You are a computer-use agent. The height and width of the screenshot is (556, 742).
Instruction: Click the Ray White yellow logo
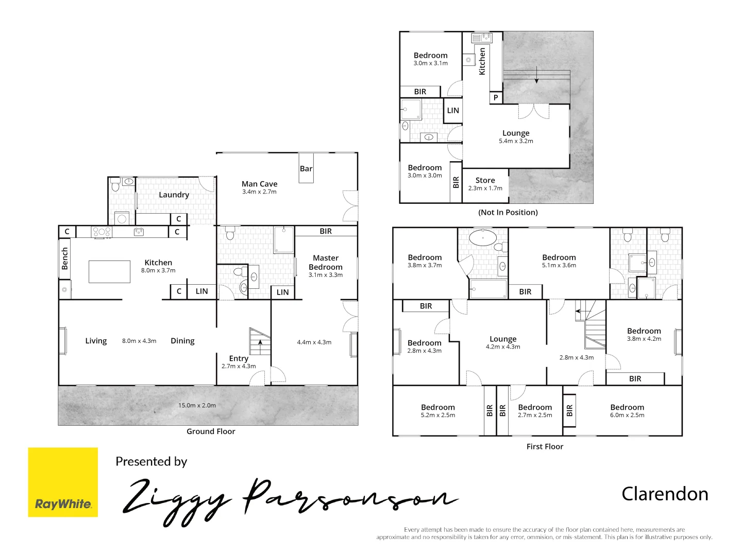tap(63, 482)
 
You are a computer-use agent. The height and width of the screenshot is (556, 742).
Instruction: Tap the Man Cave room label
tap(259, 184)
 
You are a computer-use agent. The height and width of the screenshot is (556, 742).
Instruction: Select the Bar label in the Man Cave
tap(306, 168)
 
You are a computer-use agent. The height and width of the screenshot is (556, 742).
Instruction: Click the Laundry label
tap(174, 195)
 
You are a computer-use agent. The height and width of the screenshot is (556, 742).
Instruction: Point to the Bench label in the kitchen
tap(65, 258)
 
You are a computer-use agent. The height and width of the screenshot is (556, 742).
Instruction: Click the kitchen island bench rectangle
tap(109, 271)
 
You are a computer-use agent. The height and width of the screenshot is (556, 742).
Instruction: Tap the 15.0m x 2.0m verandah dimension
tap(197, 405)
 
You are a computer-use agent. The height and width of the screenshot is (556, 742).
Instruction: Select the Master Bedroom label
tap(325, 263)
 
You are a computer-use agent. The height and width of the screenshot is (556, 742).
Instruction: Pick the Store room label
tap(485, 180)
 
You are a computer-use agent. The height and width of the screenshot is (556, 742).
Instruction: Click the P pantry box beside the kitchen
tap(496, 97)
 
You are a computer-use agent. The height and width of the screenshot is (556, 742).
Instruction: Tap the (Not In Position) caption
tap(508, 212)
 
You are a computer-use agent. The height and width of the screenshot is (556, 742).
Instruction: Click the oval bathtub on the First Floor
tap(483, 238)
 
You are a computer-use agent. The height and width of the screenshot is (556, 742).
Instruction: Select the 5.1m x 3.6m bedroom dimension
tap(559, 265)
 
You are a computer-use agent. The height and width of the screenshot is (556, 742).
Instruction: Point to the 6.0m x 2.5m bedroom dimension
tap(627, 415)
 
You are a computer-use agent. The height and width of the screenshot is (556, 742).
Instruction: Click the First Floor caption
tap(545, 446)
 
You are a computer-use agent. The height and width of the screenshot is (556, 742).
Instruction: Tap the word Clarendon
tap(665, 494)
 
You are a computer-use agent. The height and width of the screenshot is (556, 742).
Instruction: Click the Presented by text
tap(151, 461)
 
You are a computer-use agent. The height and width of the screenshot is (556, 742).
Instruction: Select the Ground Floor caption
tap(211, 431)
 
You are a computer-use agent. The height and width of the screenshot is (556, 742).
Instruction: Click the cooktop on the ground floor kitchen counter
tap(102, 232)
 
